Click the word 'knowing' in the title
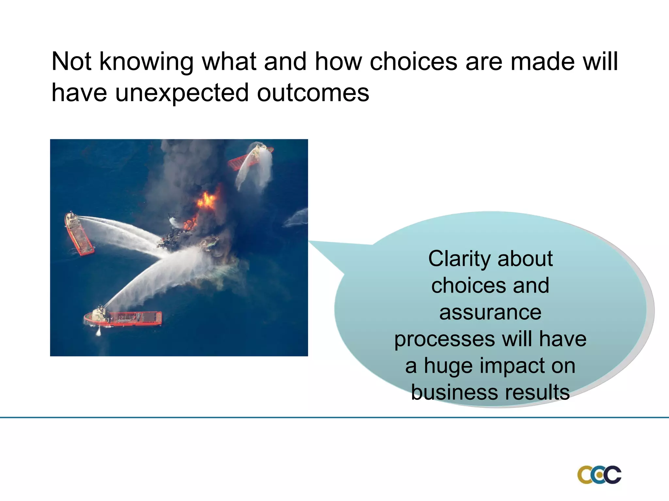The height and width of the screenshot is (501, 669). (x=146, y=62)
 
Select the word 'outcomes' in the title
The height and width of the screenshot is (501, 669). (x=313, y=93)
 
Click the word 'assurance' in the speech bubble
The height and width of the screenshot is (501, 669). (x=490, y=312)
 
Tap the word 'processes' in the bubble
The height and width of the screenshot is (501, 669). (x=444, y=340)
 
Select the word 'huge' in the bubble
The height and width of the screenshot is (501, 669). (x=448, y=366)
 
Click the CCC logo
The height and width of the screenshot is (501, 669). (x=599, y=475)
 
